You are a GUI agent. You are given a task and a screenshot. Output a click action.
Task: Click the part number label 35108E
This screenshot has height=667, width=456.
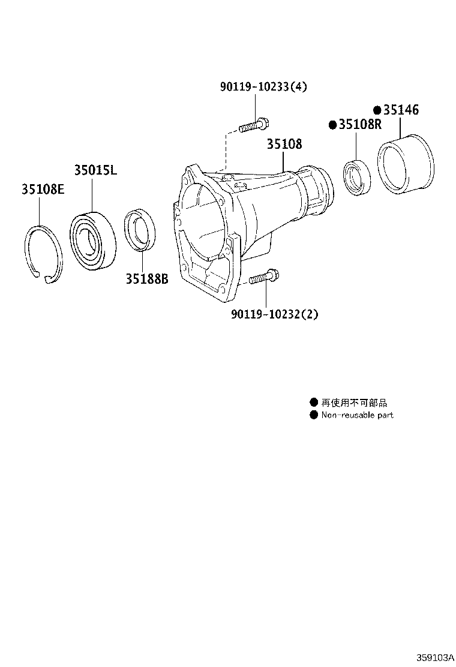[x=43, y=190]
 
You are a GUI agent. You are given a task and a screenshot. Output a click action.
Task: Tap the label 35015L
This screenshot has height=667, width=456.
[x=95, y=170]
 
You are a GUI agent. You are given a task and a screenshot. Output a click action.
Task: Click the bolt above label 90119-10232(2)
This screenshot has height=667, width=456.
[x=263, y=278]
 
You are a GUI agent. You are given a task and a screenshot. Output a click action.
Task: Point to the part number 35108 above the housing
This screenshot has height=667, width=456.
[x=284, y=145]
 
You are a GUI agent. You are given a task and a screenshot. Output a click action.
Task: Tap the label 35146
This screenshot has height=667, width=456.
[x=401, y=110]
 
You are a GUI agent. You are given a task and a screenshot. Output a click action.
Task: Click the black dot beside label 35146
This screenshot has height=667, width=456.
[x=377, y=110]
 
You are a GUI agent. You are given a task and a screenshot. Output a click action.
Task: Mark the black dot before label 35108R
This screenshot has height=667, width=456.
[x=332, y=125]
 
